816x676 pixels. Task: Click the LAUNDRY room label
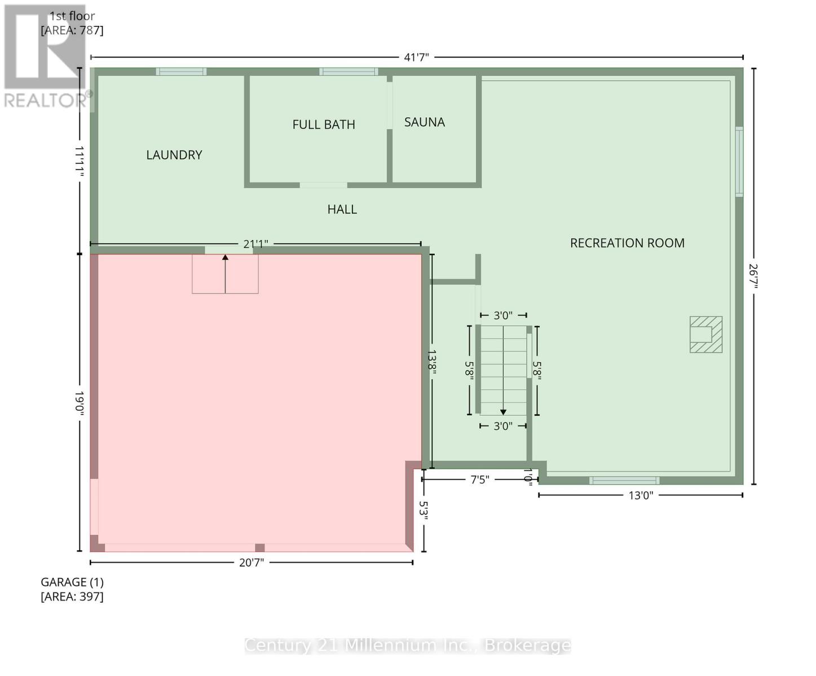[174, 155]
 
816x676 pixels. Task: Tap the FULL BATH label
[324, 124]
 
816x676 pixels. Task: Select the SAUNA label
[425, 122]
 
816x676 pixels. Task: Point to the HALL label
[342, 210]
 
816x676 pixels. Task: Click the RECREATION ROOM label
[627, 243]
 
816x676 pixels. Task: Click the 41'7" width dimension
[416, 57]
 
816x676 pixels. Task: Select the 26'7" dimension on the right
[754, 276]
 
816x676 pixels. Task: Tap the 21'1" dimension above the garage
[255, 244]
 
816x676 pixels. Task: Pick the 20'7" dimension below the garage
[252, 562]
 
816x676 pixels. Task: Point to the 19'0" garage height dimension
[80, 403]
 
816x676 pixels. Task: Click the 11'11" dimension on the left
[80, 162]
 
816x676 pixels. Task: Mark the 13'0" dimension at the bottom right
[641, 495]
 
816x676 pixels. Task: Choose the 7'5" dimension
[480, 479]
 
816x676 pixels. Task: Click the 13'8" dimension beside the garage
[432, 362]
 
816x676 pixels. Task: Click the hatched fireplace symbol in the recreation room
[705, 335]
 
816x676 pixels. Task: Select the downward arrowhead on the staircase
[503, 412]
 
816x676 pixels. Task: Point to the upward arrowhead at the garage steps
[225, 257]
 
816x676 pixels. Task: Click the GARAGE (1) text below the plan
[72, 582]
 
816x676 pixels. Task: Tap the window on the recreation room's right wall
[739, 161]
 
